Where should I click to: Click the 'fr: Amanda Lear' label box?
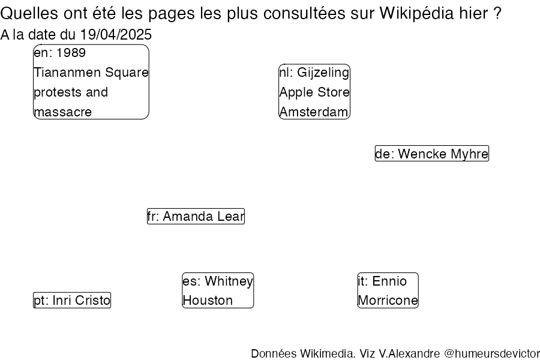click(x=196, y=217)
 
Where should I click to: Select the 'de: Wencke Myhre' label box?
click(x=432, y=154)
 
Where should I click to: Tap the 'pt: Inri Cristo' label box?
click(x=72, y=300)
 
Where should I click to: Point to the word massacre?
click(x=62, y=112)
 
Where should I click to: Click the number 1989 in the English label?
click(x=71, y=53)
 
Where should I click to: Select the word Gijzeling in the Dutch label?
click(x=323, y=73)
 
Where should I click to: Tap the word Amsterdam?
click(x=314, y=112)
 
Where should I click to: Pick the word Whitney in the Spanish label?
click(x=229, y=281)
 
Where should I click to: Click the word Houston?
click(x=208, y=301)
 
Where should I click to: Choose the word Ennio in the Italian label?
click(x=389, y=281)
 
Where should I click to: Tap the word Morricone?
click(x=388, y=301)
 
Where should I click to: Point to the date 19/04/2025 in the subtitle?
click(x=116, y=34)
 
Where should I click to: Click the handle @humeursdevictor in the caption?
click(x=492, y=354)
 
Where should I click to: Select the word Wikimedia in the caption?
click(x=328, y=354)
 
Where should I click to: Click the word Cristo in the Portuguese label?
click(x=92, y=301)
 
